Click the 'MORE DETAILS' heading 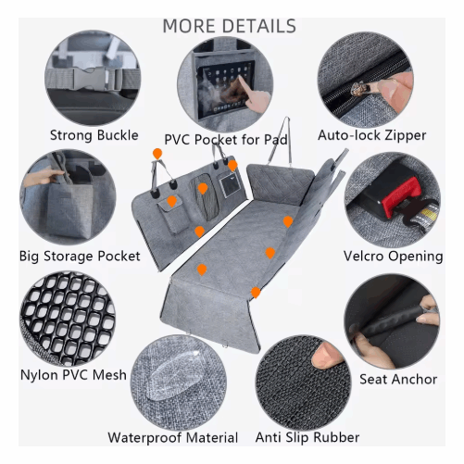coord(230,25)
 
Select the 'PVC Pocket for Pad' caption coord(226,140)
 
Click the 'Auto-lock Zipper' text coord(371,136)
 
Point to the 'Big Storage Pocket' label coord(80,256)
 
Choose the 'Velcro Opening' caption coord(393,256)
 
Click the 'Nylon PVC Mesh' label coord(73,375)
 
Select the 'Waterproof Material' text coord(172,437)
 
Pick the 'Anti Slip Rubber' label coord(307,437)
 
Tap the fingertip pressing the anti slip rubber coord(325,356)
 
